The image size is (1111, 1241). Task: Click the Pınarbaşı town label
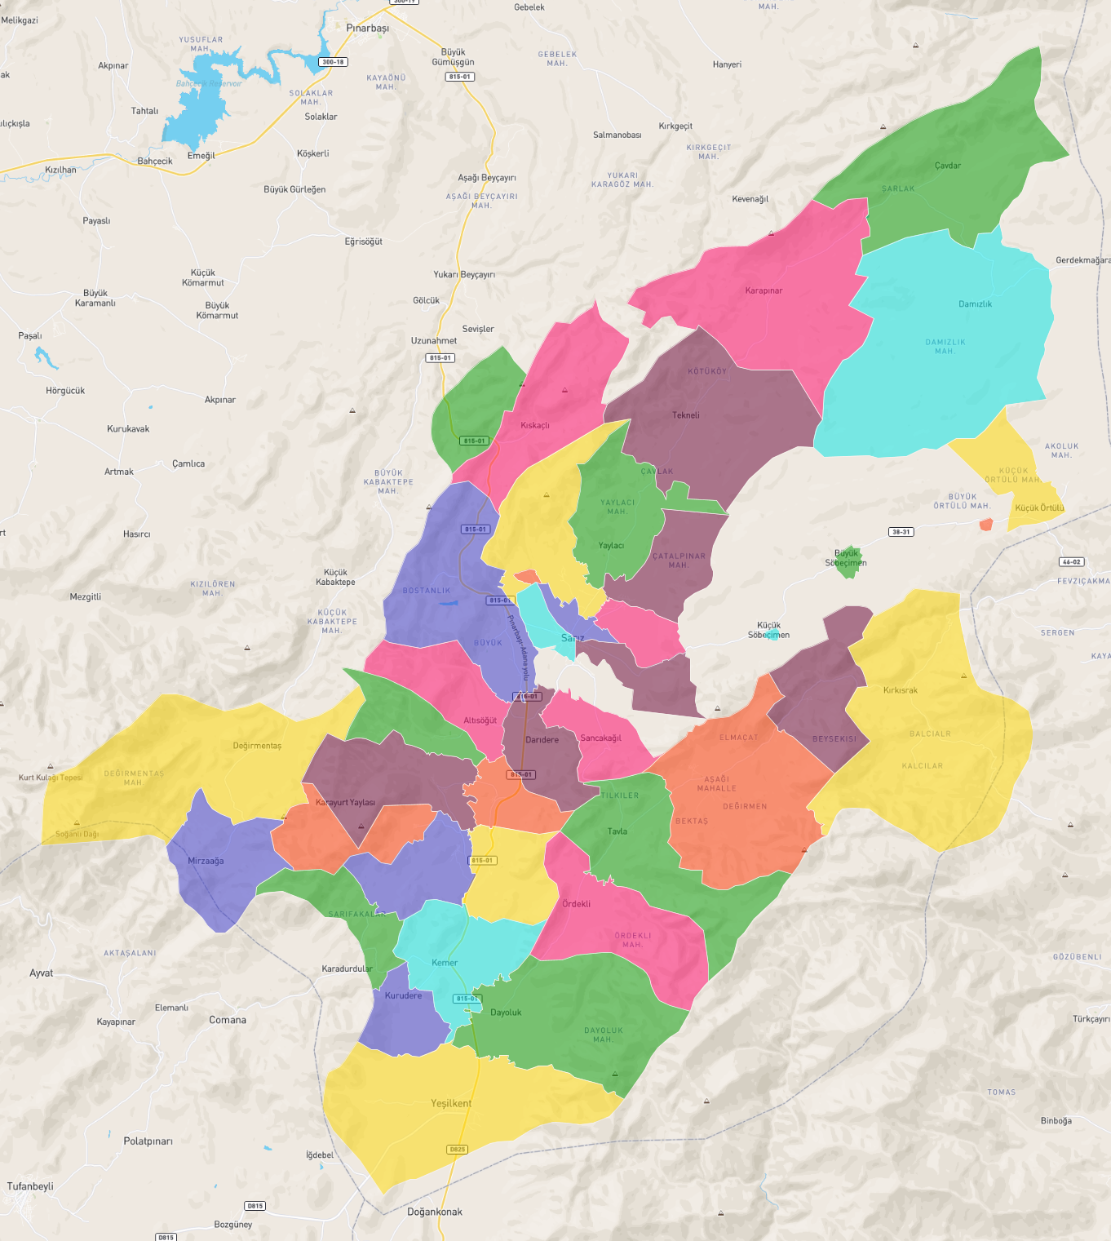pyautogui.click(x=367, y=28)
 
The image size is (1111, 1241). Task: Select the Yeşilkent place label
pyautogui.click(x=451, y=1103)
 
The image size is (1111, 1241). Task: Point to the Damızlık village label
pyautogui.click(x=975, y=304)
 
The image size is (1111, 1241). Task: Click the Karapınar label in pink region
pyautogui.click(x=764, y=290)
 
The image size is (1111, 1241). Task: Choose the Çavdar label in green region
pyautogui.click(x=947, y=166)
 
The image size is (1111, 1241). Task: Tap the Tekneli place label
pyautogui.click(x=685, y=415)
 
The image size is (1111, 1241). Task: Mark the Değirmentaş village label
pyautogui.click(x=257, y=746)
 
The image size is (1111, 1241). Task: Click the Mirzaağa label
pyautogui.click(x=206, y=861)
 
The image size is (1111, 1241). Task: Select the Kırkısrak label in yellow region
pyautogui.click(x=900, y=690)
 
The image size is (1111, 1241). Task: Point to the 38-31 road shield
pyautogui.click(x=901, y=532)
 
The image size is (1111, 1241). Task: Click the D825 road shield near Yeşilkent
pyautogui.click(x=457, y=1150)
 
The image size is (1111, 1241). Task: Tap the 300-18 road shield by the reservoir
pyautogui.click(x=333, y=62)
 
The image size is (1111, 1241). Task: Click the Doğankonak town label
pyautogui.click(x=434, y=1212)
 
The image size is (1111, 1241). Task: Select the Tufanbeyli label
pyautogui.click(x=30, y=1186)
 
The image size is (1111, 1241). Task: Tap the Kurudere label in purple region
pyautogui.click(x=403, y=995)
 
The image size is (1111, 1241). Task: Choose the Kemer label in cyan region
pyautogui.click(x=445, y=963)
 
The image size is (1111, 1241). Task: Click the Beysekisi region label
pyautogui.click(x=834, y=739)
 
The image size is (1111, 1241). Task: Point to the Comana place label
pyautogui.click(x=227, y=1020)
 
